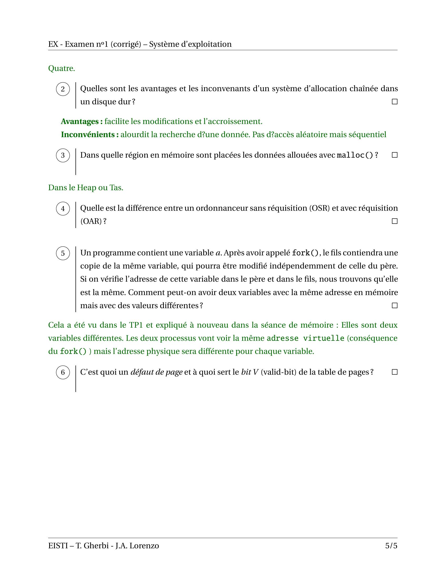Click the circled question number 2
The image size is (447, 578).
click(x=63, y=89)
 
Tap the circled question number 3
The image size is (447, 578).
click(x=63, y=155)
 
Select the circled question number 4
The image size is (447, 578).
click(x=63, y=209)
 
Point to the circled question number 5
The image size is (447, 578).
click(x=63, y=253)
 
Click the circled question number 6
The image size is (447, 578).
click(x=63, y=372)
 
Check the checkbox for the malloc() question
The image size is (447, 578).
click(x=395, y=155)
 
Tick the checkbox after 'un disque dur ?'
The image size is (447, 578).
click(x=395, y=102)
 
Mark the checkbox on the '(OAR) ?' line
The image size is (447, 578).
click(x=395, y=221)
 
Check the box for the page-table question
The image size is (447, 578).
click(x=395, y=372)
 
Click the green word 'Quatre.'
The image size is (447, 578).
click(x=62, y=68)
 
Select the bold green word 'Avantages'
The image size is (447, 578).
click(x=80, y=121)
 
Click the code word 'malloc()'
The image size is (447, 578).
click(x=355, y=155)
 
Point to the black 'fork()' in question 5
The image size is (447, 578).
click(x=305, y=253)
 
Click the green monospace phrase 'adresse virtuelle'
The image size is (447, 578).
click(x=305, y=338)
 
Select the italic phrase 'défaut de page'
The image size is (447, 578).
click(x=156, y=372)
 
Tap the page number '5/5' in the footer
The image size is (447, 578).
click(x=392, y=546)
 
